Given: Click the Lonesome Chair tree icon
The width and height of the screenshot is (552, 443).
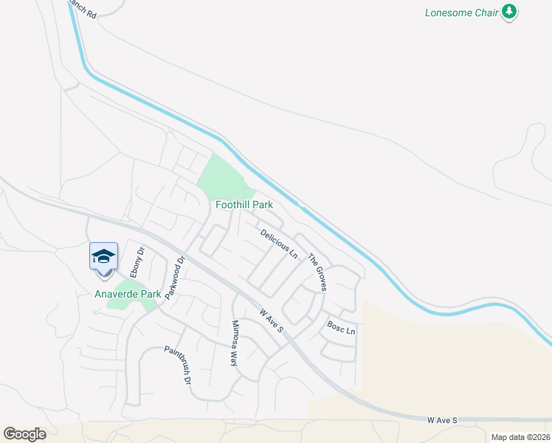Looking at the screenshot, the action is coord(509,12).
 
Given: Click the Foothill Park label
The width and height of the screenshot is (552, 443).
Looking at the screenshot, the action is coord(244,205).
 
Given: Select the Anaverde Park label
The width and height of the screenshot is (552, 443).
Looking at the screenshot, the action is coord(128,294).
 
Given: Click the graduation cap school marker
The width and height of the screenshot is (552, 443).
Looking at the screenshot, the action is coord(103,257).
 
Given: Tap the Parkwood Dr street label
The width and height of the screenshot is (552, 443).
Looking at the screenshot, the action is coord(173,277).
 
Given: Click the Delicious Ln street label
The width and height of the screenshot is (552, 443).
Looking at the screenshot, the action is coord(279,243).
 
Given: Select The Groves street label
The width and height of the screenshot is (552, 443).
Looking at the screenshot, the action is coord(317,272).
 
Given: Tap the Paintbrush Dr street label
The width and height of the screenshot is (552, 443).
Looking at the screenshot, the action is coord(178,366).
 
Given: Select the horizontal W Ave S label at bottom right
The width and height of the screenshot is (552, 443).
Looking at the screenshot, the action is coord(443,420).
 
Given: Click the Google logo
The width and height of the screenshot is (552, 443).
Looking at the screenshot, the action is coord(25,433).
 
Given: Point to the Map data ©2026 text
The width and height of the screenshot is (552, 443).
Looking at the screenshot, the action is coord(520,437).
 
